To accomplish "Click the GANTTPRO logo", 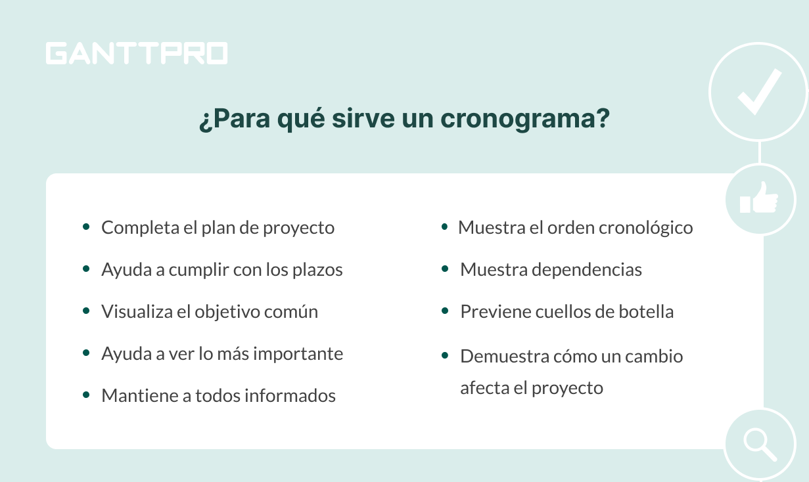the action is point(137,53).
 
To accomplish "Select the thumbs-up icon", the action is point(759,198).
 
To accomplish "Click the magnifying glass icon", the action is point(760,445).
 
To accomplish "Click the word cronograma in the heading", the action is point(525,119).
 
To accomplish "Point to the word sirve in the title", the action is point(363,118).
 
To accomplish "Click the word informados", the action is point(290,396).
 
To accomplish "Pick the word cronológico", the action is point(646,229).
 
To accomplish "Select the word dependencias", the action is point(587,270).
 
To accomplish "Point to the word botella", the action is point(646,312).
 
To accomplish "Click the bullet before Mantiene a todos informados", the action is point(86,395).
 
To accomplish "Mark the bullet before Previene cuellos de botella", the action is point(445,311).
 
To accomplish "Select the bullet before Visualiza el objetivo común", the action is point(86,311).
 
